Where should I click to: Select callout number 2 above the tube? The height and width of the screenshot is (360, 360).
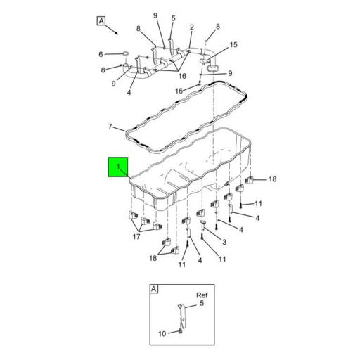tap(191, 27)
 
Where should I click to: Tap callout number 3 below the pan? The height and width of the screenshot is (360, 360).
tap(224, 242)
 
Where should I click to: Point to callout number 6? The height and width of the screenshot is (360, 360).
tap(101, 54)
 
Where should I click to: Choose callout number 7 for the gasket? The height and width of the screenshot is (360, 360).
tap(110, 127)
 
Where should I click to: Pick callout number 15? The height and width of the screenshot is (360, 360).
tap(233, 44)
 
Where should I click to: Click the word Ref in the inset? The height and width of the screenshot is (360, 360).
tap(201, 295)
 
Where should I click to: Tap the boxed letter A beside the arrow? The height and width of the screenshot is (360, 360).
tap(101, 21)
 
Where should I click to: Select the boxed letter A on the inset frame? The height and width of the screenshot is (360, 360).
tap(154, 288)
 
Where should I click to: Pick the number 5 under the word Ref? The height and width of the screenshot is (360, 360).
tap(201, 304)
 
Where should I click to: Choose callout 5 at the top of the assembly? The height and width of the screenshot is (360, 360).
tap(172, 18)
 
